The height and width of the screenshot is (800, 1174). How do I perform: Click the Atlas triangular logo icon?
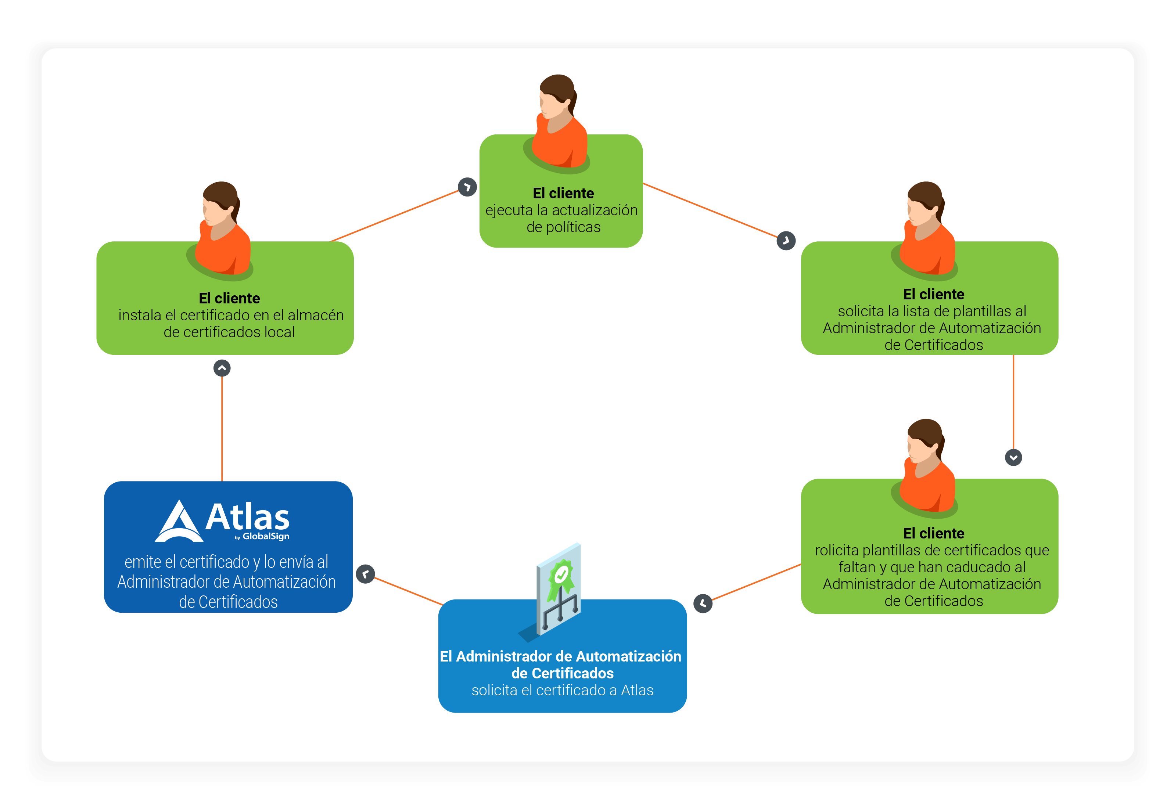coord(179,522)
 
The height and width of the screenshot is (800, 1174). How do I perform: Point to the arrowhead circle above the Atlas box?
coord(222,368)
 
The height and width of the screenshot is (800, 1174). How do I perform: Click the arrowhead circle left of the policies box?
coord(467,187)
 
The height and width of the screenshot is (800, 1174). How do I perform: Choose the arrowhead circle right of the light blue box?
coord(703,603)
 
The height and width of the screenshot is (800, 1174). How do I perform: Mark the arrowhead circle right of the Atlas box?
coord(365,574)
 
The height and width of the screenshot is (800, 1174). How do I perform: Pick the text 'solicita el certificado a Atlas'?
coord(562,691)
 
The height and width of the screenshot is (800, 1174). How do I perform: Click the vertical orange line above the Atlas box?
coord(222,429)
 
